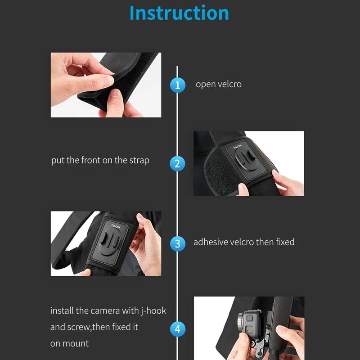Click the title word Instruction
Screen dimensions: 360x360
(179, 13)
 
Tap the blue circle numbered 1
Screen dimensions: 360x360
(177, 85)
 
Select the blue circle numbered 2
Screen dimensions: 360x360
(177, 163)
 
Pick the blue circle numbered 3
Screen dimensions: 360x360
(177, 243)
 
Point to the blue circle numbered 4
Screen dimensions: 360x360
(177, 329)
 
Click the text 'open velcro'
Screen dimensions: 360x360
(218, 84)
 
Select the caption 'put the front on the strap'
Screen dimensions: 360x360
(100, 160)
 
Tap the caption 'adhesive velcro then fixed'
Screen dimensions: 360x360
(243, 242)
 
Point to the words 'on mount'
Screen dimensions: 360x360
(69, 343)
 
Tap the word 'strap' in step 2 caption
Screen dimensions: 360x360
(139, 161)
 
